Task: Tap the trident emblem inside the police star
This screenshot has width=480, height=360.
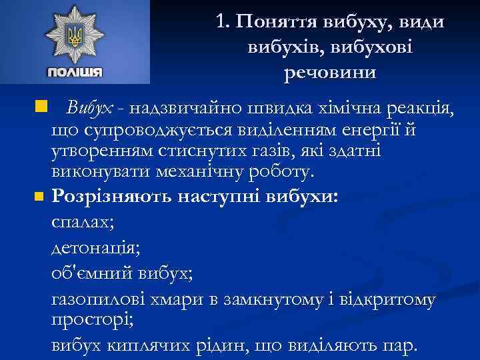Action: coord(74,35)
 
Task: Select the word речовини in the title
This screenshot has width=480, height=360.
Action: coord(330,71)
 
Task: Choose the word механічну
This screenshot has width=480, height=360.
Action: coord(197,173)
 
